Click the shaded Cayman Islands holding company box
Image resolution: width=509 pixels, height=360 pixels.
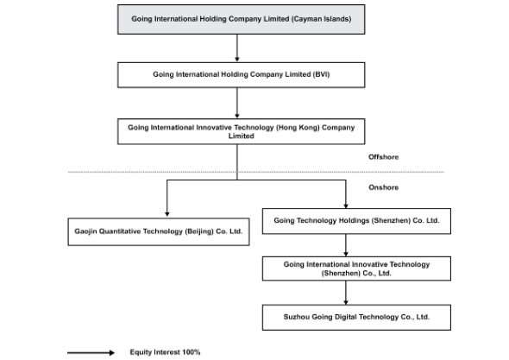click(242, 19)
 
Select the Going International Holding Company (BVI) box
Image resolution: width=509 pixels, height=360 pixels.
click(242, 75)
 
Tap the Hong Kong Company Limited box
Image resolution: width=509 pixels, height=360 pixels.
click(242, 131)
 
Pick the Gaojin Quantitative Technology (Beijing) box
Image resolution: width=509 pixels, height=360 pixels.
click(159, 231)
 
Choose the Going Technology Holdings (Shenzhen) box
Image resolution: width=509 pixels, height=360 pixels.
click(356, 221)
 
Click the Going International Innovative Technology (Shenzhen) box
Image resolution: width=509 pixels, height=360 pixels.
click(356, 268)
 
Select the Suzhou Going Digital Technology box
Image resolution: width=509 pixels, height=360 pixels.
click(356, 317)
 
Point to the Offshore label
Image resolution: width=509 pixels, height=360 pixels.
click(383, 157)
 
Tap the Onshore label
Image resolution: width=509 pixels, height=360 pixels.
click(383, 187)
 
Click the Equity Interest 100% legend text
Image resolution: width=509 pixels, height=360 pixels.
click(165, 352)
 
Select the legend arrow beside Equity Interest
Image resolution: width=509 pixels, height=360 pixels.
click(91, 352)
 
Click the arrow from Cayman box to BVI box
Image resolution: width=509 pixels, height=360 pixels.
click(237, 47)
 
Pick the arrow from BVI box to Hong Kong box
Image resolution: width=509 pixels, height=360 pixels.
click(237, 103)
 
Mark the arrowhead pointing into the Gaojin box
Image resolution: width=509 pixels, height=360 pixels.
click(167, 214)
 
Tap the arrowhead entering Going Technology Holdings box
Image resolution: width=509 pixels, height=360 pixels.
click(346, 206)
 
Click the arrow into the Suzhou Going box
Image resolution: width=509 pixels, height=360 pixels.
click(346, 293)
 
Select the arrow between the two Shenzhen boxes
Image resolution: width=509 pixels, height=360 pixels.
click(346, 245)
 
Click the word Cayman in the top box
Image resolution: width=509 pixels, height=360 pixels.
click(305, 19)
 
